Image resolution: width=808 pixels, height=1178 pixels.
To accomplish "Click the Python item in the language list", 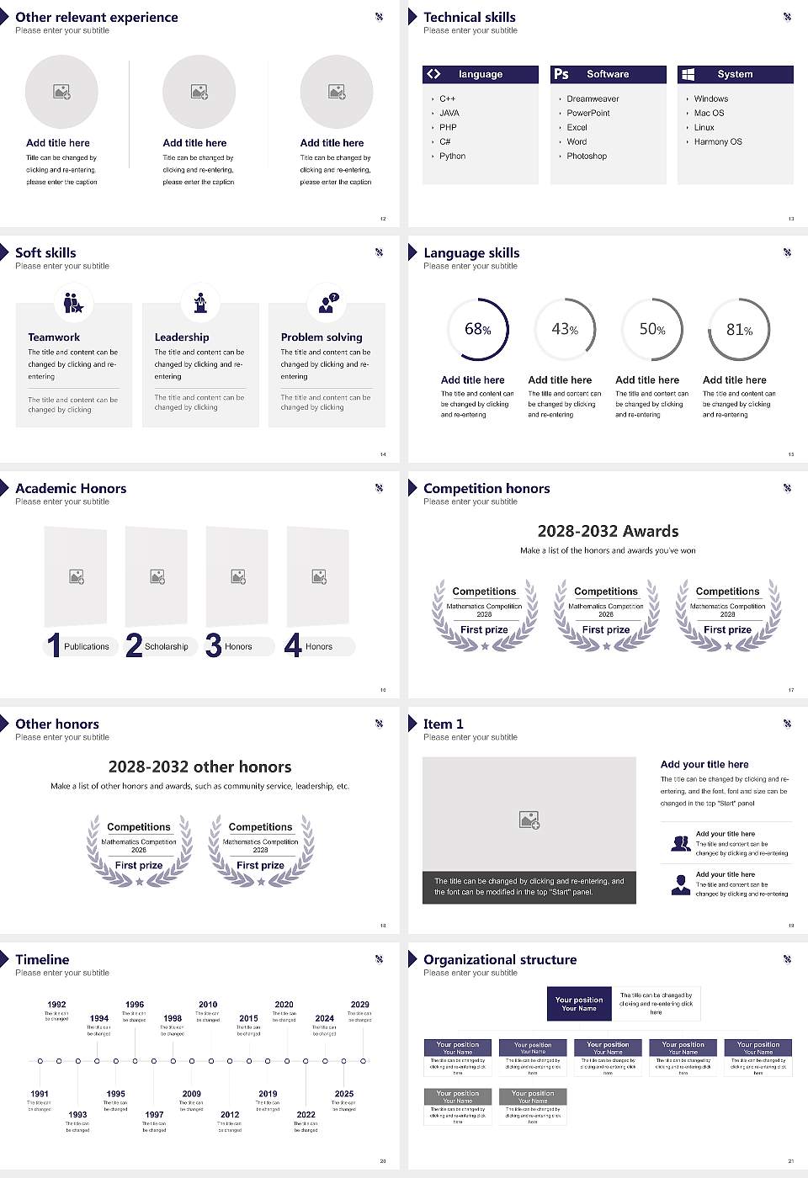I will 452,157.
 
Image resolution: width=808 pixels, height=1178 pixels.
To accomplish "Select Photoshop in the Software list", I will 587,157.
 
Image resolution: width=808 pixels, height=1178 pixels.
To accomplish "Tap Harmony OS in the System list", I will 718,142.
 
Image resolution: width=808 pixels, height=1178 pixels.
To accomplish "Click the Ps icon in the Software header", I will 561,74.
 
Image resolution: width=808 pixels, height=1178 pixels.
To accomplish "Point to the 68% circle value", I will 477,330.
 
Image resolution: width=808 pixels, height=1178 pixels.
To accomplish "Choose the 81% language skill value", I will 739,330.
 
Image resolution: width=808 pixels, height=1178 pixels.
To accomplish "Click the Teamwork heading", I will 54,337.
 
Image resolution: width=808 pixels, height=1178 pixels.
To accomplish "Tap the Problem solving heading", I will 322,337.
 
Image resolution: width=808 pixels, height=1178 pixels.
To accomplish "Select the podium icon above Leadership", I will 200,302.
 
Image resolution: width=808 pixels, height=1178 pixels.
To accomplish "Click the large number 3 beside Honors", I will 214,645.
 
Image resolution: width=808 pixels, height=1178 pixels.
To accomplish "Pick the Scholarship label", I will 166,647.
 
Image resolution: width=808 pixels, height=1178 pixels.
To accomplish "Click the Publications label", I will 87,647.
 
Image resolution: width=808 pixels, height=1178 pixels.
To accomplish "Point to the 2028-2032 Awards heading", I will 608,532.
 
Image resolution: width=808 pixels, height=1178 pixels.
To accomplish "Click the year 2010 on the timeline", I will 208,1005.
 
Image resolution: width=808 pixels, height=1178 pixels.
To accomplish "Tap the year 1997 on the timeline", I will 154,1115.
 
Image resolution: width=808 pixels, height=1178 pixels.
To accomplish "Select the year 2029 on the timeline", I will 359,1005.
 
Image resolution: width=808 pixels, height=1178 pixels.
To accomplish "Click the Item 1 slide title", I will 443,724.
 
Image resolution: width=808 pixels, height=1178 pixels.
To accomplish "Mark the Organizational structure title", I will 500,960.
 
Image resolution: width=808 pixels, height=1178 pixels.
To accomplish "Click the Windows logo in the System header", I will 688,74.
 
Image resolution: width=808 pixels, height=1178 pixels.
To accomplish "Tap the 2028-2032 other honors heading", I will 199,767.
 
